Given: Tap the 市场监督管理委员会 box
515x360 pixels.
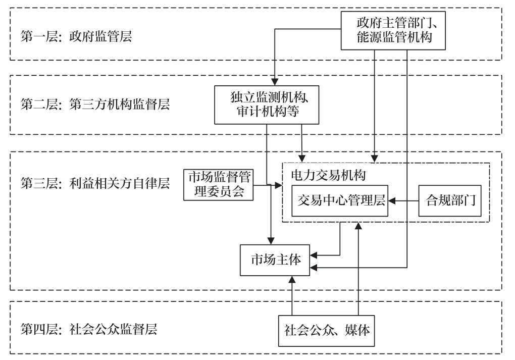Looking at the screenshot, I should click(x=217, y=185).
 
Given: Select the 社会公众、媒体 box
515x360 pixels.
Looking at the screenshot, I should click(x=327, y=331).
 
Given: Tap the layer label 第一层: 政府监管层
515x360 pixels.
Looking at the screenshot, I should click(x=76, y=36).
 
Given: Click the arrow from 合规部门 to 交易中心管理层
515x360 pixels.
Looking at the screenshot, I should click(x=403, y=201).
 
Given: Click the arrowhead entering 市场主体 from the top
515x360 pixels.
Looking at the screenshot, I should click(x=272, y=240).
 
